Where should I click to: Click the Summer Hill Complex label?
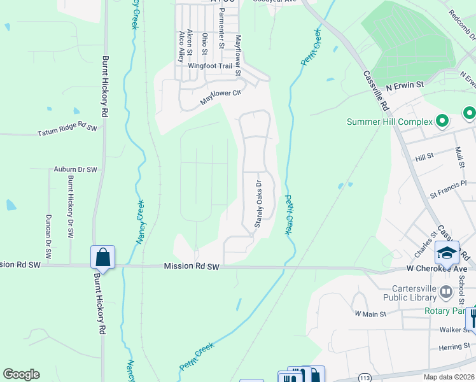[389, 122]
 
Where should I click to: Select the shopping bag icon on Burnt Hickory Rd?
[102, 258]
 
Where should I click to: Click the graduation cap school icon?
[447, 253]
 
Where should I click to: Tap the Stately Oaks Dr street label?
[258, 204]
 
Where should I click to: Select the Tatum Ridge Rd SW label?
[67, 129]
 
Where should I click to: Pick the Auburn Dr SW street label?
[75, 170]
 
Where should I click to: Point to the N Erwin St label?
[405, 85]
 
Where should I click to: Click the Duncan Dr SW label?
[48, 230]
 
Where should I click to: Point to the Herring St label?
[454, 347]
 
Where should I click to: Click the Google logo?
[21, 374]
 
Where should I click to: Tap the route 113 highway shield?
[364, 378]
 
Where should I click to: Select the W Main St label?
[370, 314]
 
